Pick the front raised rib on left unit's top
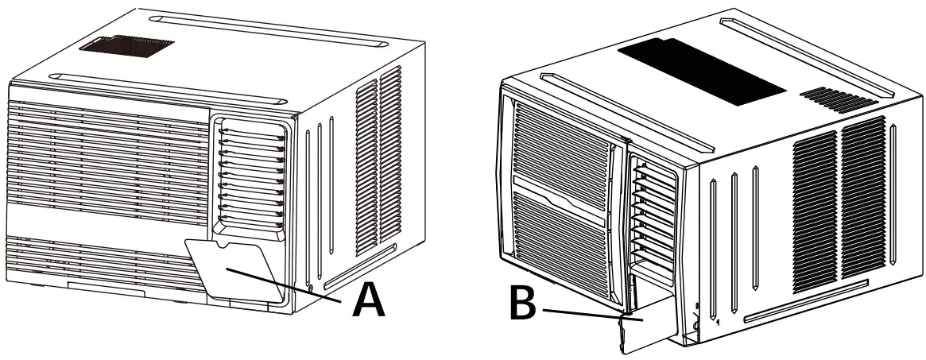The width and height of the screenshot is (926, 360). (167, 88)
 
